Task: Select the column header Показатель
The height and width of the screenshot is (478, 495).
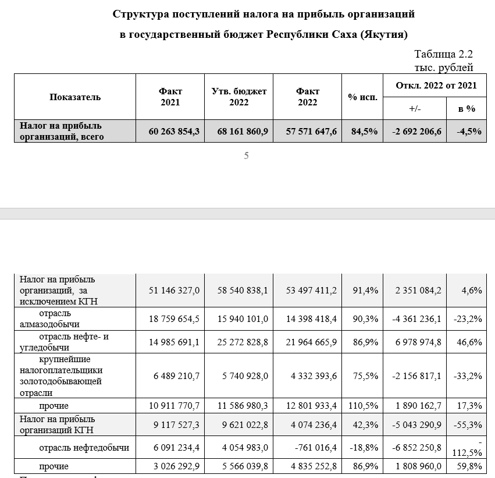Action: [x=75, y=97]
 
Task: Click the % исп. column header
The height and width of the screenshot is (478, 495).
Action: [x=362, y=97]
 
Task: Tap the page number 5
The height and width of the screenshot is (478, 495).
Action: [x=247, y=156]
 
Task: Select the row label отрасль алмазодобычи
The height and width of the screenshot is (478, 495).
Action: [x=59, y=319]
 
